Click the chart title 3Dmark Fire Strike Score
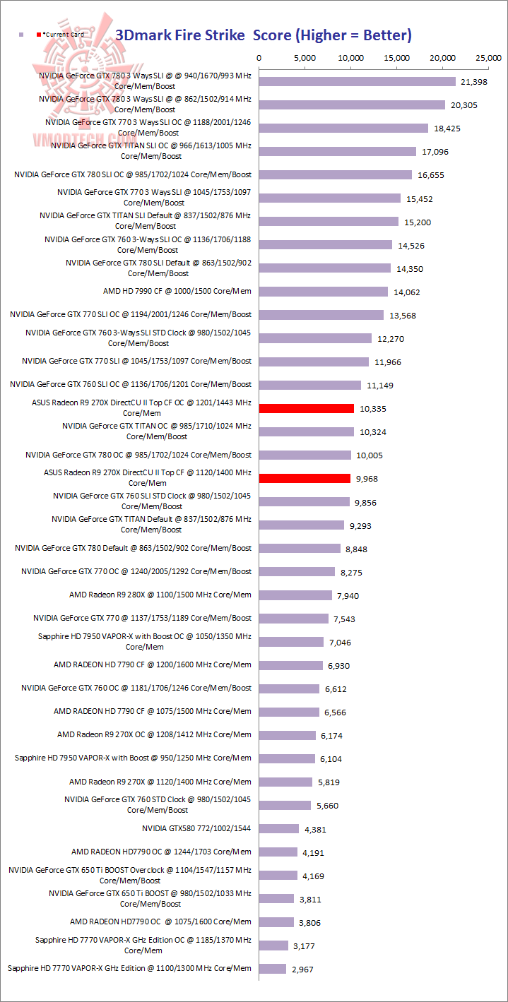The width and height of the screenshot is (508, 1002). click(x=264, y=35)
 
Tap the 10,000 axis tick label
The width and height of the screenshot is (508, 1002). click(x=351, y=57)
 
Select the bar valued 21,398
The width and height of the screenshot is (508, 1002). click(x=358, y=82)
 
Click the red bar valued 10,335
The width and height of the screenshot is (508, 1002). click(x=307, y=408)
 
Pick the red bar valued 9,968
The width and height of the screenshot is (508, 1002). click(x=305, y=478)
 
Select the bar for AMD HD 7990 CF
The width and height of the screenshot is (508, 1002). click(x=324, y=292)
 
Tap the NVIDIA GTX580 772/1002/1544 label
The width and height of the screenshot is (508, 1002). click(x=196, y=828)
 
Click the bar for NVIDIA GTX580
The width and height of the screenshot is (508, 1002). click(x=279, y=828)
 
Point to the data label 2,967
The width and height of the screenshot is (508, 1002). click(x=302, y=970)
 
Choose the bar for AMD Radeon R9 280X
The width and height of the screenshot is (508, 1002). click(x=295, y=595)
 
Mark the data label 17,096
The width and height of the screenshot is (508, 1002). click(x=435, y=152)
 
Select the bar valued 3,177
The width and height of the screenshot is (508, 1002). click(x=273, y=945)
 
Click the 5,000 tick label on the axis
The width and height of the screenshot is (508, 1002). click(x=305, y=57)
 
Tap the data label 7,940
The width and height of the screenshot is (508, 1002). click(x=348, y=596)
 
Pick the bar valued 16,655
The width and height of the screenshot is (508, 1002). click(x=336, y=174)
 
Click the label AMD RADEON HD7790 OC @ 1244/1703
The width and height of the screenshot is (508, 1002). click(x=160, y=852)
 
